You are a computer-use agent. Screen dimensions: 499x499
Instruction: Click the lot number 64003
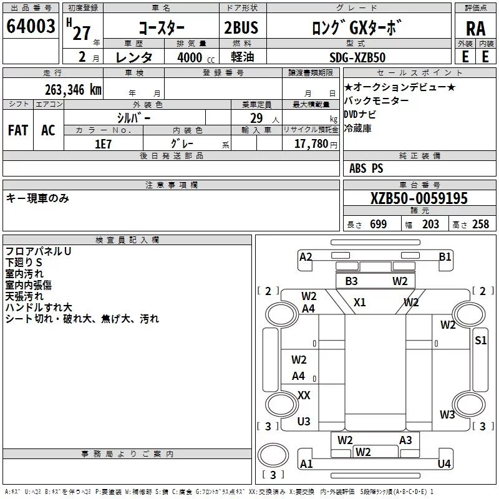pos(31,27)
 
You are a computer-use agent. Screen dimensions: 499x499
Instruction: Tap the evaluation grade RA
pos(475,29)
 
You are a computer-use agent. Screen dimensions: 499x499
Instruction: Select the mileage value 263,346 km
pos(73,89)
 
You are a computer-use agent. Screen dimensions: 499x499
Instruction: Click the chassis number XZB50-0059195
pos(419,198)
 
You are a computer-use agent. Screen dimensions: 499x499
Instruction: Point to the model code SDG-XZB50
pos(357,57)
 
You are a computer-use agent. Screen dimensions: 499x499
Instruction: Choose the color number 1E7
pos(103,143)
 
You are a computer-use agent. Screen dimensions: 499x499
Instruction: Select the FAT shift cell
pos(17,130)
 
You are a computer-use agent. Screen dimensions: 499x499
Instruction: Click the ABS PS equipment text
pos(366,168)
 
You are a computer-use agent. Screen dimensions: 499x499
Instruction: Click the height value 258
pos(480,225)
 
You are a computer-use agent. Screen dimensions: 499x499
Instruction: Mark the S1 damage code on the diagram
pos(481,340)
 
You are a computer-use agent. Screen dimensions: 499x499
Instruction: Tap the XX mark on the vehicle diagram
pos(304,395)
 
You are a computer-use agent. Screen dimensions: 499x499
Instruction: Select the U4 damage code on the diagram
pos(444,463)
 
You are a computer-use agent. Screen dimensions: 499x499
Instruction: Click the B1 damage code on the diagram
pos(445,256)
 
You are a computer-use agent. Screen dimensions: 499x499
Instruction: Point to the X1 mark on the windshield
pos(360,303)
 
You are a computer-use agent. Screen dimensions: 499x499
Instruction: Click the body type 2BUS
pos(241,28)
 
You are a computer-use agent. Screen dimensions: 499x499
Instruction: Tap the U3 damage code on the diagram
pos(304,422)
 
